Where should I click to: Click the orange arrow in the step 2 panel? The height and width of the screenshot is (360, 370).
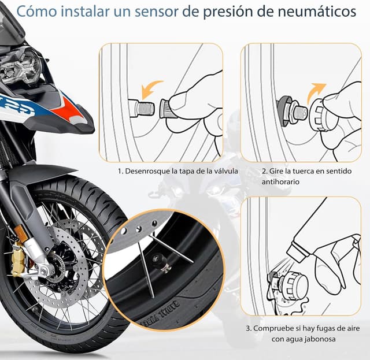[317, 92]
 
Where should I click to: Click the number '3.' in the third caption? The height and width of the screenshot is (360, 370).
[249, 328]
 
